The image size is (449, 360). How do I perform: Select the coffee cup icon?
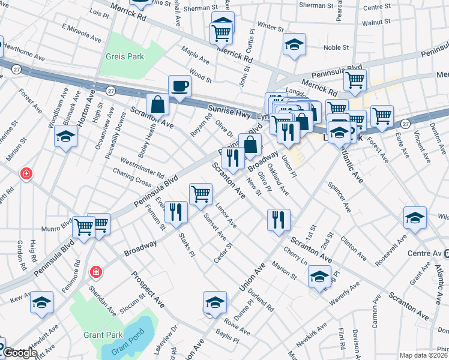click(179, 86)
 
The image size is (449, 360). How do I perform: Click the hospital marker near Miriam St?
click(26, 174)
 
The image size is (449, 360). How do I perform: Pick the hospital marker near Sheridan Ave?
click(95, 273)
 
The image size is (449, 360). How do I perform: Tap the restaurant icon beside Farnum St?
click(176, 212)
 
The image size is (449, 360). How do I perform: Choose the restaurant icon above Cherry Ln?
click(279, 220)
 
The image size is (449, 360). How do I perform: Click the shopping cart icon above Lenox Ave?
click(200, 193)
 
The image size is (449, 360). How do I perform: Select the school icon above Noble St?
click(294, 45)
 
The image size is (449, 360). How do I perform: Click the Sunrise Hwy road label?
click(223, 110)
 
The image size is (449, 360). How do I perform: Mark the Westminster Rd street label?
click(142, 167)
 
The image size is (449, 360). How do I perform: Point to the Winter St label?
click(271, 28)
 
